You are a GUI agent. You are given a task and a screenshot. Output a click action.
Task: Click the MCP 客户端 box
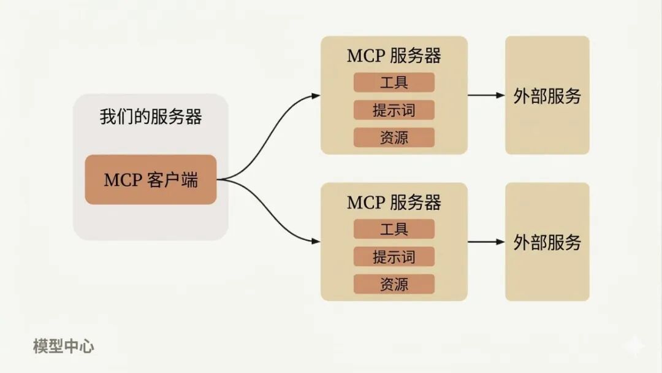(151, 180)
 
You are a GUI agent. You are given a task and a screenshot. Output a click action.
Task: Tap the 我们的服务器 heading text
(151, 117)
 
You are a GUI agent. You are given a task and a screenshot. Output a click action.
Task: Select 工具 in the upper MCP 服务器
(394, 82)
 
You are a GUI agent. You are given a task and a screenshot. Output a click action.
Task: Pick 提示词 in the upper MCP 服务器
(394, 110)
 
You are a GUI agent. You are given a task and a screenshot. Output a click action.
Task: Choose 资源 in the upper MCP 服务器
(394, 137)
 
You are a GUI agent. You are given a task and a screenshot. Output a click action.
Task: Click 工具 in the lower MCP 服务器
(394, 229)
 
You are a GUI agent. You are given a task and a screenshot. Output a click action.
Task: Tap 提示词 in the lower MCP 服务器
(394, 256)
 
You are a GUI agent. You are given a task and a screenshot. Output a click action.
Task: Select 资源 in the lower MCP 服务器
(394, 284)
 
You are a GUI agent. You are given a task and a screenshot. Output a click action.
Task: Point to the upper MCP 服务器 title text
(394, 56)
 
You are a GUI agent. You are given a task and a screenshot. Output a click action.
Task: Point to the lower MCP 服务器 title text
(394, 202)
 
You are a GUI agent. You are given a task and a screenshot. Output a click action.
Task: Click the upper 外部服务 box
(547, 95)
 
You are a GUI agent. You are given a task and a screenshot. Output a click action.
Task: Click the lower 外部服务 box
(547, 242)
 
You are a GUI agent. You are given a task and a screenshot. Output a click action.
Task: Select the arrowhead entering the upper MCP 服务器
(316, 95)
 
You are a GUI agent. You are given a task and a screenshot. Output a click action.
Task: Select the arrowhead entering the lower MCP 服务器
(316, 242)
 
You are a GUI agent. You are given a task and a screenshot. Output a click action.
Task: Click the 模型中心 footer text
(64, 346)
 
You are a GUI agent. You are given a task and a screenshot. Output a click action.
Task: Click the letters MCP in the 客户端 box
(123, 180)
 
